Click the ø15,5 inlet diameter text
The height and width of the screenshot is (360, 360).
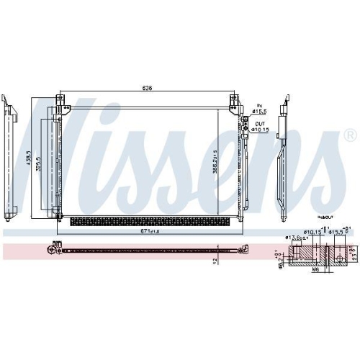(x=258, y=112)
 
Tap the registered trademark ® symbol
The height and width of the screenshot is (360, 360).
(x=349, y=135)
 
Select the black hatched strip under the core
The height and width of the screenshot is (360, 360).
(x=148, y=220)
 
